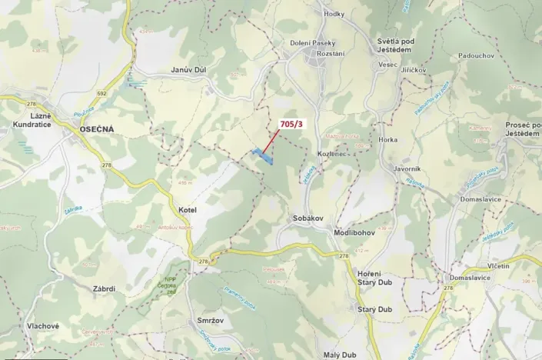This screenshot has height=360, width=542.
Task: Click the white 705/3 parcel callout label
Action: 291,123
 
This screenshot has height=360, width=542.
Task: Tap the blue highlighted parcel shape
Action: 263,156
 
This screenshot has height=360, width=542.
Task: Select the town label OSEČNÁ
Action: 96,130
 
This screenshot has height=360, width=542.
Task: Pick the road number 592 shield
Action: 101,93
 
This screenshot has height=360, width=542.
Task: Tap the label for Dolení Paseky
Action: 311,43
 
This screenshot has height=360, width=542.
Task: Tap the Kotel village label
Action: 188,210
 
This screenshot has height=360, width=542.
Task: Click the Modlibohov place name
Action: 354,232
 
